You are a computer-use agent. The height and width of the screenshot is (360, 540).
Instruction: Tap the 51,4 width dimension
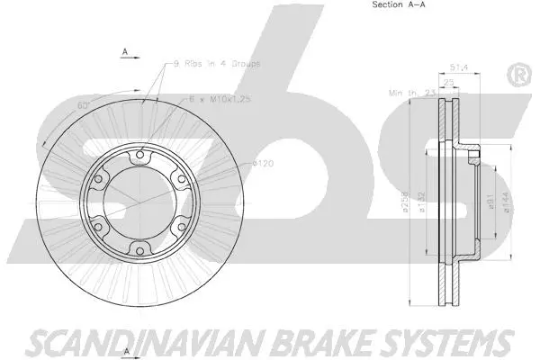(x=459, y=67)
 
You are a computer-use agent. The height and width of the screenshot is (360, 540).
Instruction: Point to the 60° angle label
(x=84, y=106)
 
